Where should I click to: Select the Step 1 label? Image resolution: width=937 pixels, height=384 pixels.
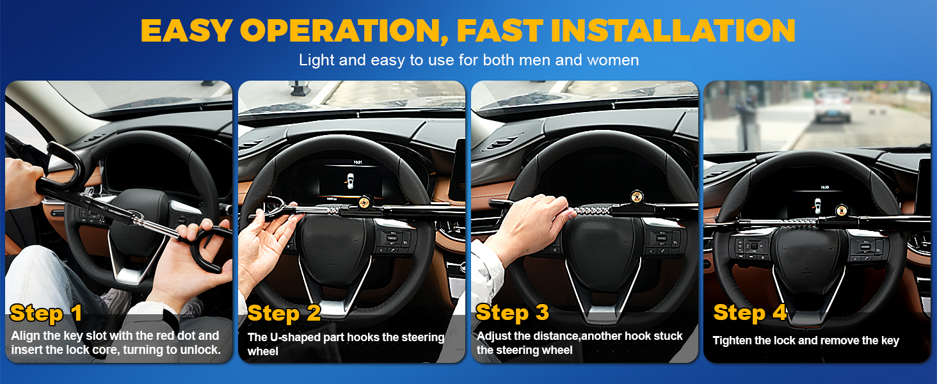[x=46, y=313]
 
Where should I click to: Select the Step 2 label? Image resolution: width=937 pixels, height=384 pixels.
[x=284, y=313]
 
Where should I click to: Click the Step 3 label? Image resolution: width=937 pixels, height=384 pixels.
[x=513, y=312]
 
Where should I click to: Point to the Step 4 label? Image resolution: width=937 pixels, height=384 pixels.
[x=749, y=312]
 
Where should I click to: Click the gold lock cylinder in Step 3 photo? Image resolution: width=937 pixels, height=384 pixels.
[x=637, y=196]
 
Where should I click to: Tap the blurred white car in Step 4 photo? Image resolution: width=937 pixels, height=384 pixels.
[x=832, y=106]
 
